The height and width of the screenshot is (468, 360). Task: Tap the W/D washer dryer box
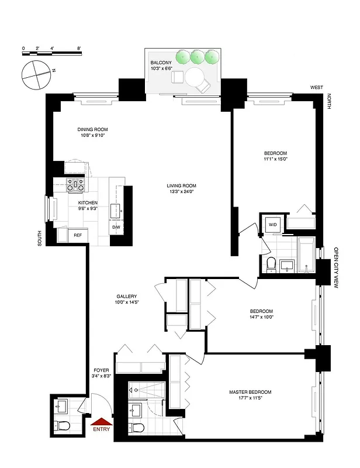pos(272,225)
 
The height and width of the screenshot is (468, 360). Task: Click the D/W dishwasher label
pos(116,228)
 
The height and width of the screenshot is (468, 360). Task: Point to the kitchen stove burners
pos(75,185)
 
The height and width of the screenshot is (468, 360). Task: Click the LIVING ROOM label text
pos(180,185)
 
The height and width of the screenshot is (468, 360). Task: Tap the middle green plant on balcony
pos(198,56)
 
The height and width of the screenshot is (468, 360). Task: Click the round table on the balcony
pos(194,77)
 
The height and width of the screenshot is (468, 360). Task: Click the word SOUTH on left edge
pos(40,237)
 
